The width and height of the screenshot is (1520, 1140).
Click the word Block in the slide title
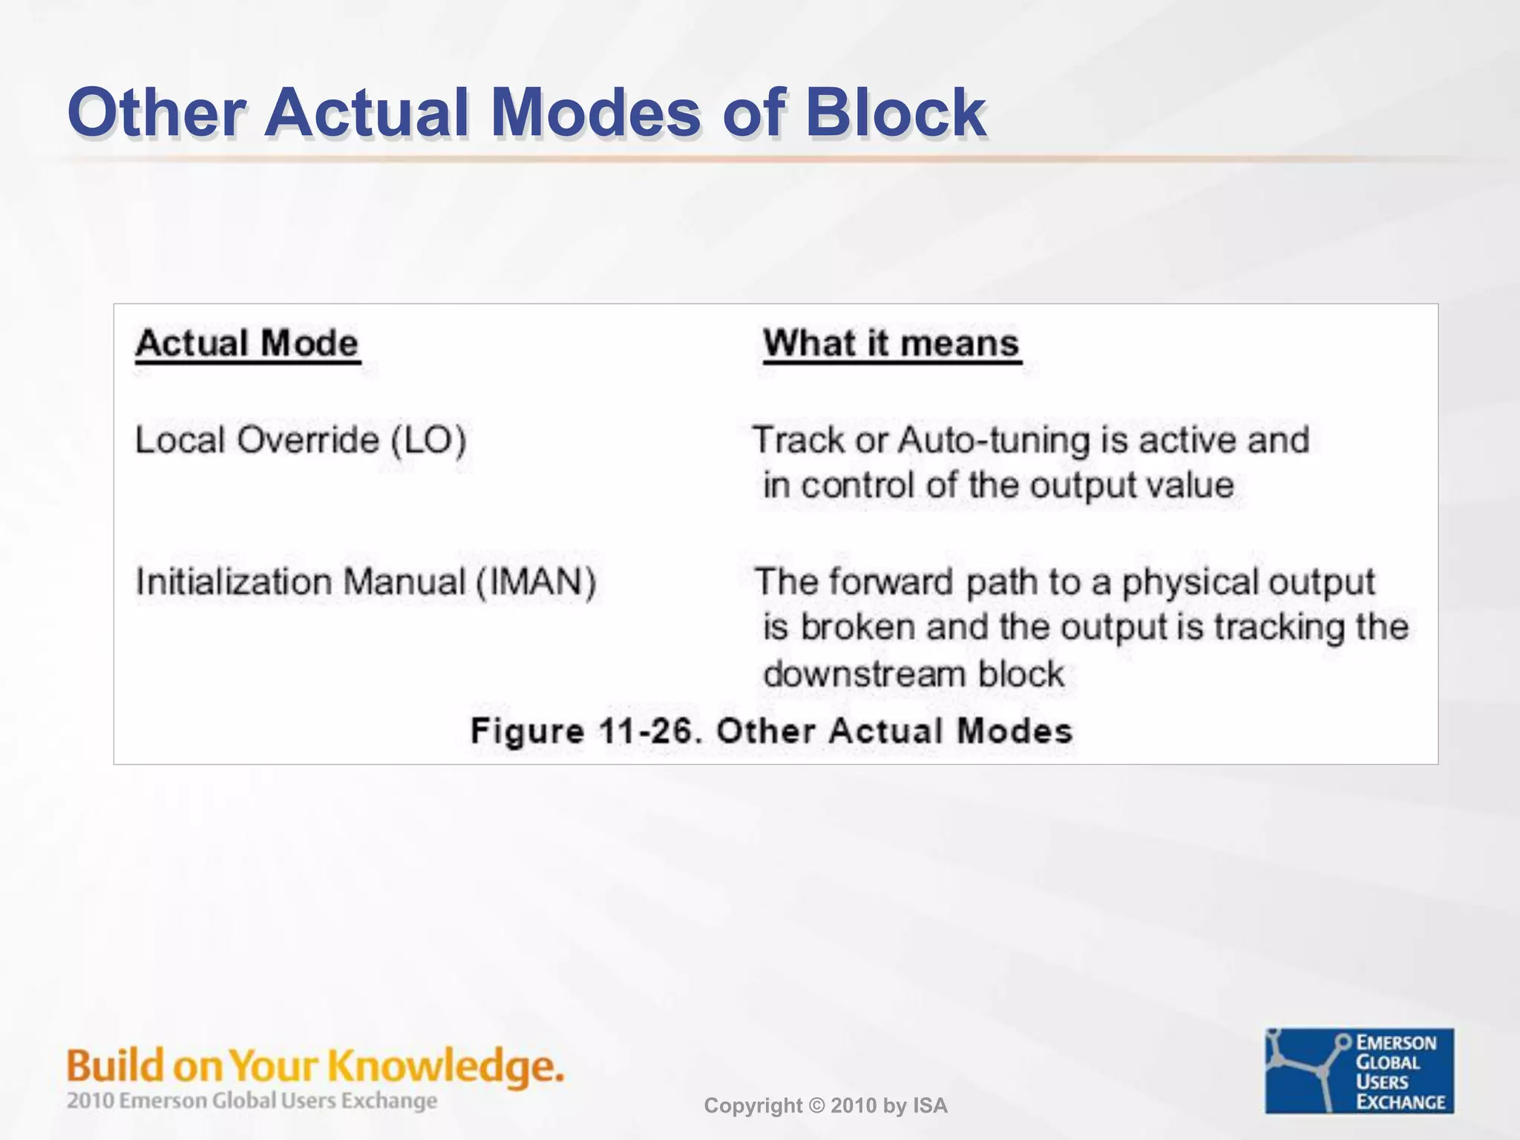point(894,113)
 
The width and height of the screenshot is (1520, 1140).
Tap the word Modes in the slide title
point(595,113)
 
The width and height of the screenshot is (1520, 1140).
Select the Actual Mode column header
point(247,344)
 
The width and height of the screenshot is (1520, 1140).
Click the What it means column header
point(891,344)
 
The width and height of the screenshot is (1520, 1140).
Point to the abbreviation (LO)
point(429,440)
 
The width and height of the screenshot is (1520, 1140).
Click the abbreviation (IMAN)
point(536,582)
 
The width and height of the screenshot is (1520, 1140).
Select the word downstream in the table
point(864,675)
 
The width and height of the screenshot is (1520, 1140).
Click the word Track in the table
point(799,440)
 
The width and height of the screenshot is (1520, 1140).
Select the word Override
point(308,440)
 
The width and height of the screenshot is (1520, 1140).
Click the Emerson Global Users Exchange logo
point(1359,1070)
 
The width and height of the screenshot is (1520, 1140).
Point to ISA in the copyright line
point(930,1106)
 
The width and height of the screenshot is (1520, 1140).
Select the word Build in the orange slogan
point(115,1067)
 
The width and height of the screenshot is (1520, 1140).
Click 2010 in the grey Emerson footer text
point(91,1101)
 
